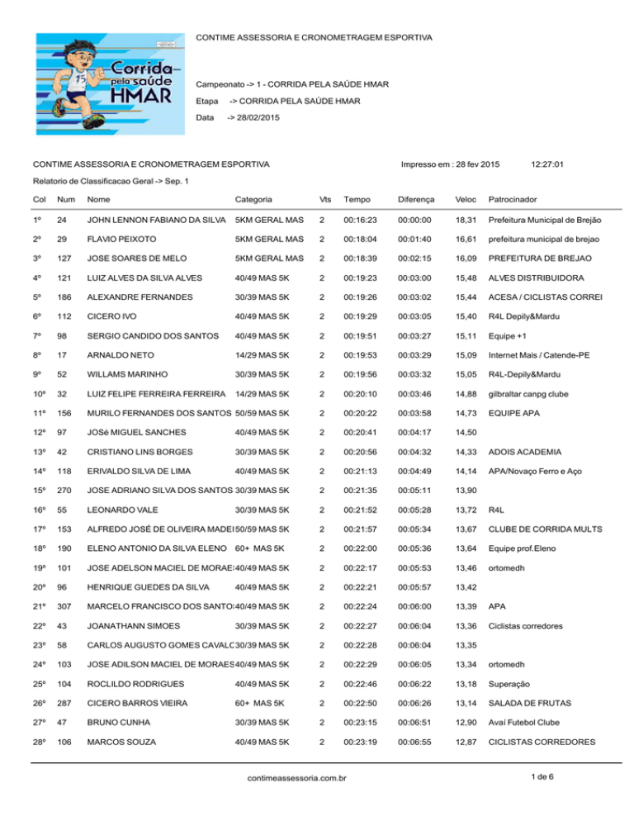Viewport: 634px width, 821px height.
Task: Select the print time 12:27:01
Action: pos(546,164)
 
